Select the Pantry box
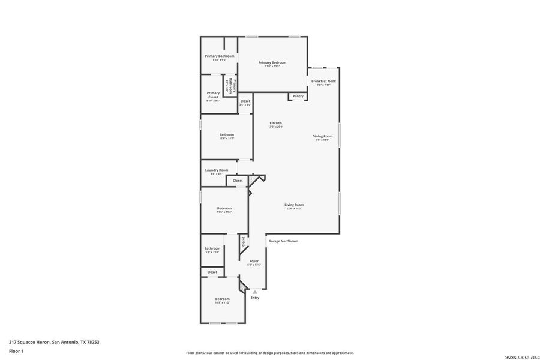[298, 96]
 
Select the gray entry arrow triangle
[255, 292]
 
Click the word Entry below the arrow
[255, 298]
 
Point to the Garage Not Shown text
[283, 241]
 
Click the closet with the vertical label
[243, 242]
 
